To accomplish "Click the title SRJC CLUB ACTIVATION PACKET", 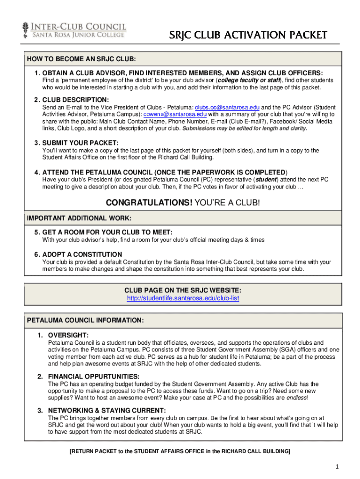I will tap(248, 36).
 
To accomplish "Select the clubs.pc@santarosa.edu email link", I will tap(227, 107).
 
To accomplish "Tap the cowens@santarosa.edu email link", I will tap(175, 114).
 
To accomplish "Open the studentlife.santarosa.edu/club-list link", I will tap(183, 298).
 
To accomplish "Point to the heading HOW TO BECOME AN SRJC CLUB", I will tap(81, 59).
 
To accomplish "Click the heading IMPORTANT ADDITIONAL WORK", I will tap(79, 218).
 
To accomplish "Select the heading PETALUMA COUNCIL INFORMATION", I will tap(85, 320).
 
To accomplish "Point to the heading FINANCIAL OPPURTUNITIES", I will tap(94, 376).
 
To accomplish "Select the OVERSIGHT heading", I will tap(68, 335).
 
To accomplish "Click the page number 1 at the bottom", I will tap(336, 467).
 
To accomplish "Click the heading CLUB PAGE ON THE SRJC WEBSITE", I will tap(183, 290).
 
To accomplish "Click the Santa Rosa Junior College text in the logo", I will tap(78, 35).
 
